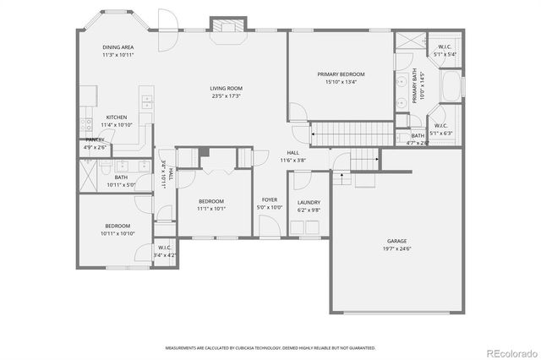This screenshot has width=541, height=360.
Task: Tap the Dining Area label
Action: click(x=117, y=47)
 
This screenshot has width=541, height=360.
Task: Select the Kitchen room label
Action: click(x=117, y=117)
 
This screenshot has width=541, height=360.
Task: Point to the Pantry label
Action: click(x=95, y=139)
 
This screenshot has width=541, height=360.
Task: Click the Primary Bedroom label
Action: click(x=340, y=74)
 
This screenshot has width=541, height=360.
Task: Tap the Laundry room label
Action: click(x=308, y=203)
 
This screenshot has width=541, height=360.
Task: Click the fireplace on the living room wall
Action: click(x=227, y=26)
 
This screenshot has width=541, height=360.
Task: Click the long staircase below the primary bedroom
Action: click(x=353, y=133)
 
